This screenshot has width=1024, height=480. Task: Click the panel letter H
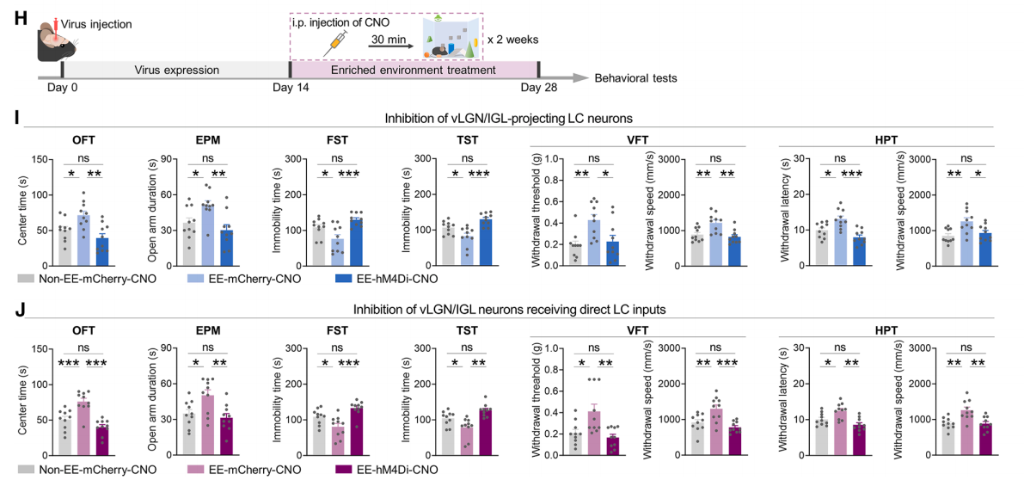pyautogui.click(x=21, y=17)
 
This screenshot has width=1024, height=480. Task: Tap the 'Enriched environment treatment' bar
pyautogui.click(x=414, y=70)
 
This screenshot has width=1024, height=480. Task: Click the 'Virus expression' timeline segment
pyautogui.click(x=175, y=70)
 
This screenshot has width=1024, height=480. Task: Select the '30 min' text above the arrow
pyautogui.click(x=388, y=40)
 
